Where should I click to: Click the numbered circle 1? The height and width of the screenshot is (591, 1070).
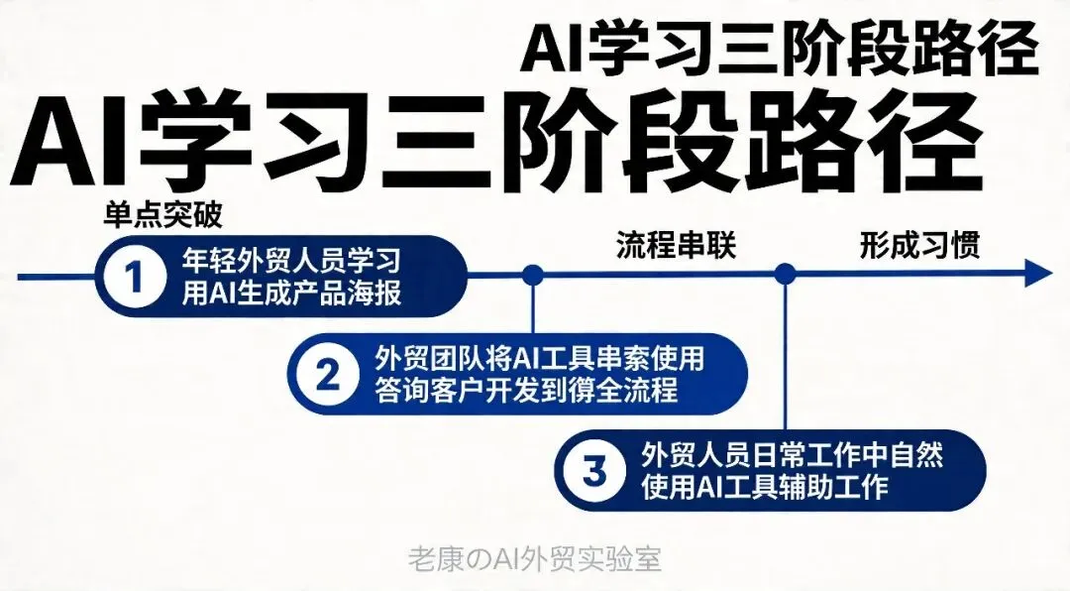pyautogui.click(x=137, y=276)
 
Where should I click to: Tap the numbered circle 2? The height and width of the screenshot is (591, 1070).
pyautogui.click(x=326, y=374)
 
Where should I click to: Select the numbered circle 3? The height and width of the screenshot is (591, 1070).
pyautogui.click(x=593, y=471)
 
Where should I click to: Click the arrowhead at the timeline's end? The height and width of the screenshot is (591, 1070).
pyautogui.click(x=1036, y=274)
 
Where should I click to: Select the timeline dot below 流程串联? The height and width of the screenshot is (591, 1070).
pyautogui.click(x=533, y=275)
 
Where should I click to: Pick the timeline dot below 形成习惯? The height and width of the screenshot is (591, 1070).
pyautogui.click(x=786, y=274)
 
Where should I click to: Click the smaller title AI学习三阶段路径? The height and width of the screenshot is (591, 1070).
pyautogui.click(x=780, y=50)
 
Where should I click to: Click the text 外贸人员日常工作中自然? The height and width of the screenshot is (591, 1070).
pyautogui.click(x=791, y=455)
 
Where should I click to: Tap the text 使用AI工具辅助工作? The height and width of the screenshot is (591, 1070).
pyautogui.click(x=765, y=487)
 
